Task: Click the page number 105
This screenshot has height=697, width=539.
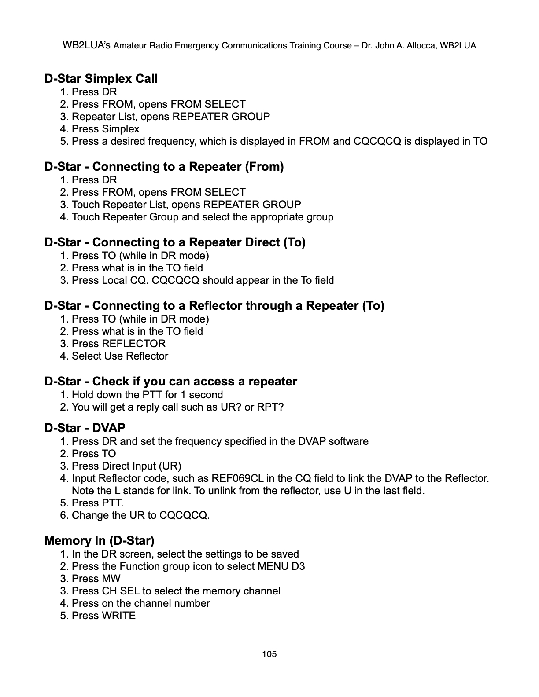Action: tap(269, 654)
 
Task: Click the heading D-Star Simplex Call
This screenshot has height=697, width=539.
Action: tap(101, 79)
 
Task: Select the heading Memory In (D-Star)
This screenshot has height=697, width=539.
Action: tap(99, 540)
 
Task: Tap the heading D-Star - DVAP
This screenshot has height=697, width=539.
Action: tap(85, 428)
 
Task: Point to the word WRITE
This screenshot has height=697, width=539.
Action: tap(118, 616)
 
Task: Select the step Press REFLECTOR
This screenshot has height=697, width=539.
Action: tap(118, 344)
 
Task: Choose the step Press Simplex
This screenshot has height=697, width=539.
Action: tap(105, 129)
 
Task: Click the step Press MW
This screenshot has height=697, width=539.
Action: tap(96, 579)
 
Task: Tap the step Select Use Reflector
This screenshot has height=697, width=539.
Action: tap(120, 356)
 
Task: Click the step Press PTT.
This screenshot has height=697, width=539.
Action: tap(97, 503)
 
